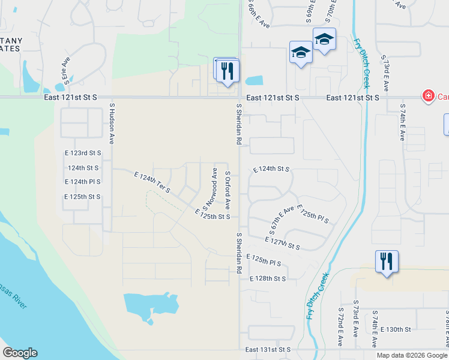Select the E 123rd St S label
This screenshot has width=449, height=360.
83,154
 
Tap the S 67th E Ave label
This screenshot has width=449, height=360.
282,220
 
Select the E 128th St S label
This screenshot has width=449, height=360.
268,279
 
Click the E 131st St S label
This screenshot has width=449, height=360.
268,349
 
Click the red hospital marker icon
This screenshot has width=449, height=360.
428,96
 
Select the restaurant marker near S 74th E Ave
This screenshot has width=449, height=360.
386,262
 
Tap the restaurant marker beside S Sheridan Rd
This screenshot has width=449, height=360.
228,71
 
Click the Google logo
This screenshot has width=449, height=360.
20,353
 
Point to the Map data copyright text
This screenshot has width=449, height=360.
412,355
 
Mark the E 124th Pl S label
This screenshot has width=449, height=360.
83,181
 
